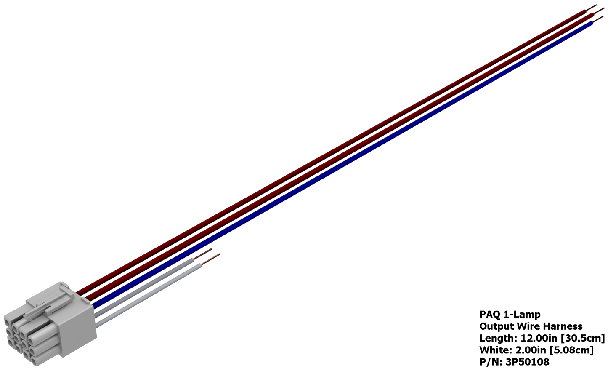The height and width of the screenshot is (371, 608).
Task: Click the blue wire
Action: pyautogui.click(x=342, y=165)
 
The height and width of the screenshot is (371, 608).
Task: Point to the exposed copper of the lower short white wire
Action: pyautogui.click(x=210, y=259)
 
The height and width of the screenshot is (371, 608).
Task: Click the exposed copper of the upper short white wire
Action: pyautogui.click(x=202, y=254)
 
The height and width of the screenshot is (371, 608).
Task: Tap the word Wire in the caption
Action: pyautogui.click(x=527, y=326)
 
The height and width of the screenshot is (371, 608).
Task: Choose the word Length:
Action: pyautogui.click(x=499, y=339)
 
